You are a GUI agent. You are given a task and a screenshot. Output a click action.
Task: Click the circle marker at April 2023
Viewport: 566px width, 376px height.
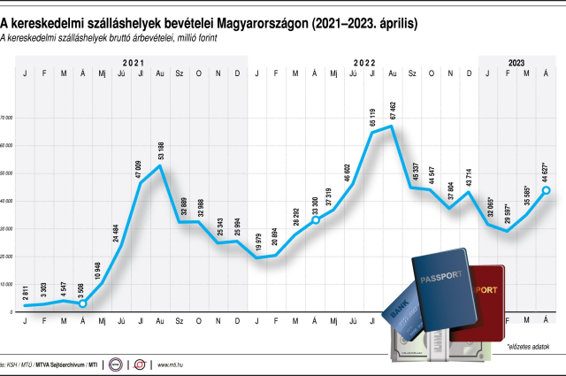[x=547, y=190]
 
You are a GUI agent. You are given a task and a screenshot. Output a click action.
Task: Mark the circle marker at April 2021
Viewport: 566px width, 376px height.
[x=83, y=303]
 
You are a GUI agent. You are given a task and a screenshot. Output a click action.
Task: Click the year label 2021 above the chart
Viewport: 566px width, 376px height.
[x=133, y=62]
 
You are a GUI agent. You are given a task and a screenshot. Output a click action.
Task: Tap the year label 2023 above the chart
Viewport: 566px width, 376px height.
[x=517, y=62]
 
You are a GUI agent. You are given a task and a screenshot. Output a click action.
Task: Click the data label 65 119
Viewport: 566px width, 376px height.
[x=372, y=117]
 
